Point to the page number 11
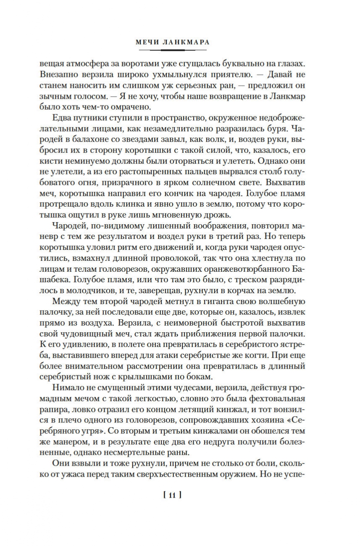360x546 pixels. pyautogui.click(x=173, y=495)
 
